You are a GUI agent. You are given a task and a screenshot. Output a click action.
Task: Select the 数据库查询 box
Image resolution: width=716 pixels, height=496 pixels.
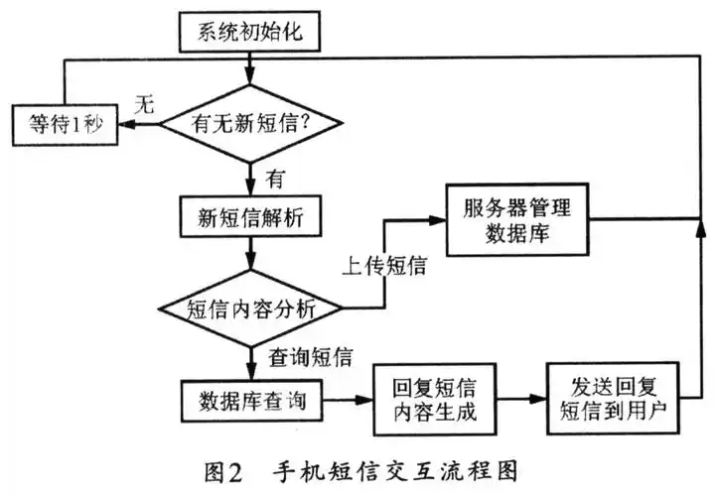pyautogui.click(x=249, y=402)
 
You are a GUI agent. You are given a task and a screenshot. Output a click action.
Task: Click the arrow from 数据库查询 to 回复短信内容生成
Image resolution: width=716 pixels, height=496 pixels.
pyautogui.click(x=342, y=402)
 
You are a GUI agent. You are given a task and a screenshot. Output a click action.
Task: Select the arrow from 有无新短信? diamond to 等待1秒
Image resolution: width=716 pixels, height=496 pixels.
pyautogui.click(x=138, y=124)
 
